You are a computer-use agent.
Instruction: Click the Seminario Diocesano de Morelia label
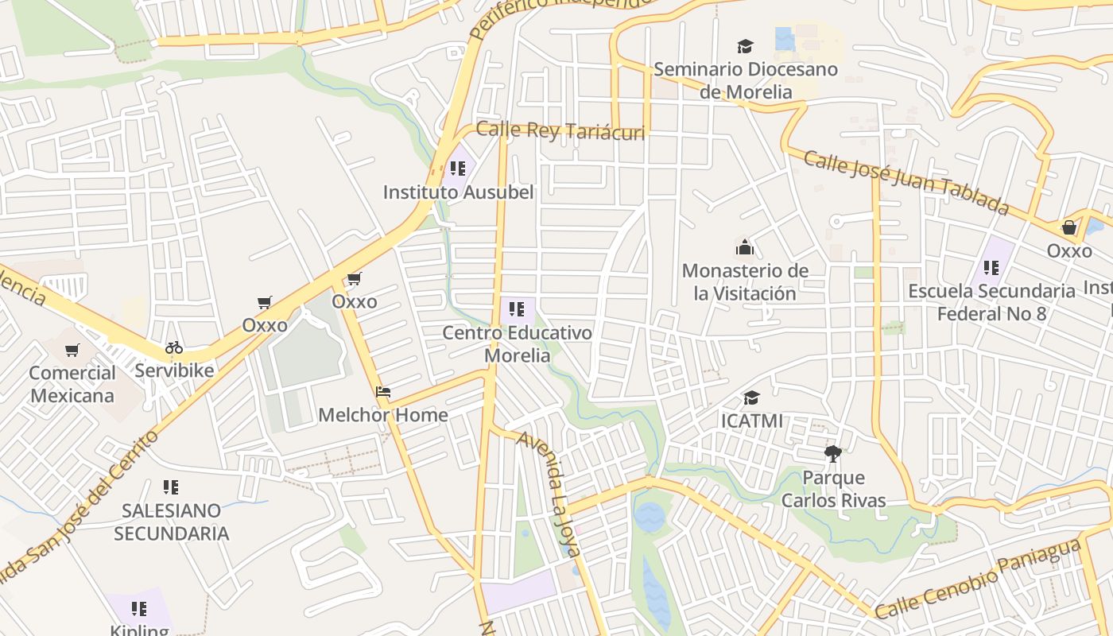pyautogui.click(x=745, y=80)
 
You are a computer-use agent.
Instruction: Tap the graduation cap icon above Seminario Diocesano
pyautogui.click(x=745, y=47)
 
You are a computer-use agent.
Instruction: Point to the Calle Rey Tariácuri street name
pyautogui.click(x=560, y=131)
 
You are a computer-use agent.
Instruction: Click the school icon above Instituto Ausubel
pyautogui.click(x=458, y=169)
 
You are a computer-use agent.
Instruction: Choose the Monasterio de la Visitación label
pyautogui.click(x=745, y=282)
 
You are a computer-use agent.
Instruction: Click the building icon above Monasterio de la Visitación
pyautogui.click(x=745, y=248)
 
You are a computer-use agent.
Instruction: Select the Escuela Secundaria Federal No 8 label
pyautogui.click(x=991, y=302)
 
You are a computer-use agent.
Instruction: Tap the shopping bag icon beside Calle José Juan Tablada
pyautogui.click(x=1069, y=228)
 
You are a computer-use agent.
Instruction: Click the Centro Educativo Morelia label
pyautogui.click(x=518, y=343)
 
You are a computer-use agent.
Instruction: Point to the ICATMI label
pyautogui.click(x=751, y=420)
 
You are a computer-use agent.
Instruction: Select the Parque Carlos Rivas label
pyautogui.click(x=833, y=489)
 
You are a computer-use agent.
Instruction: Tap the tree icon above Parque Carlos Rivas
pyautogui.click(x=833, y=455)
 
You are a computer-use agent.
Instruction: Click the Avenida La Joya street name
pyautogui.click(x=550, y=493)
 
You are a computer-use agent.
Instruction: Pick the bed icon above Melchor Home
pyautogui.click(x=383, y=392)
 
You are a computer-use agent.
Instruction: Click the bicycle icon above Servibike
pyautogui.click(x=174, y=347)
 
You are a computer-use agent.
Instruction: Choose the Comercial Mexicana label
pyautogui.click(x=72, y=384)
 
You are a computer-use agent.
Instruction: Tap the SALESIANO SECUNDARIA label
pyautogui.click(x=171, y=522)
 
